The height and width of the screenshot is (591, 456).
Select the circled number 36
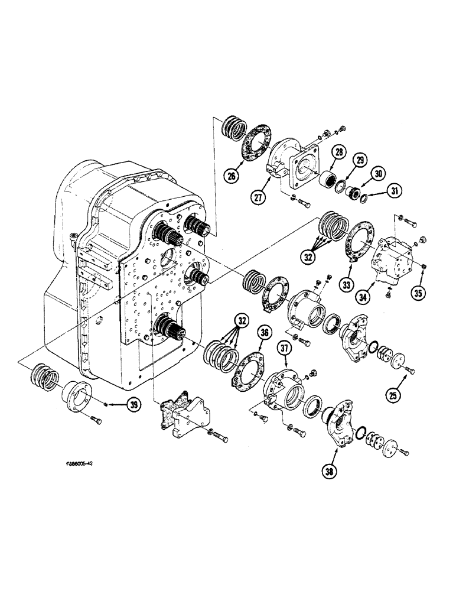click(265, 334)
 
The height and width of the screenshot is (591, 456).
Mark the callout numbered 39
click(135, 404)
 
